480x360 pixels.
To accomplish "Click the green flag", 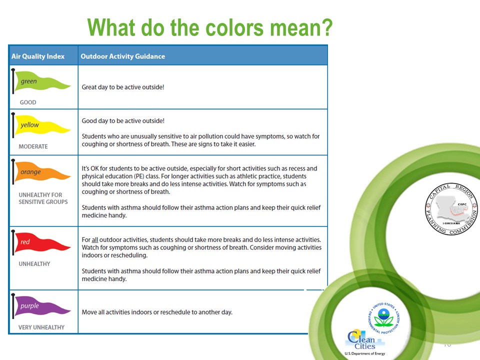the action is pos(41,81).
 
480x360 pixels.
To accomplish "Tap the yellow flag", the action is pos(41,125).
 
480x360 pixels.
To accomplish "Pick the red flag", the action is pos(41,242).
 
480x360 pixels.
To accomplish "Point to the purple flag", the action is pos(41,306).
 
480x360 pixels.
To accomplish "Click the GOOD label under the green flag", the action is pos(28,102).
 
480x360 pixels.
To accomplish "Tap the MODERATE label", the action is pos(33,146).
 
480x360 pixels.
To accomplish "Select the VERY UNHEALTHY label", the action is pos(41,327).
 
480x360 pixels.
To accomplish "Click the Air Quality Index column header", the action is pos(38,56).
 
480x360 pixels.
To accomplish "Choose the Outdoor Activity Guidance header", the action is pos(123,56).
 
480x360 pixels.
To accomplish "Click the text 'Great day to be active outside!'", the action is pos(123,87).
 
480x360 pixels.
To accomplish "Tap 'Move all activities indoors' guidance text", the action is pos(157,312).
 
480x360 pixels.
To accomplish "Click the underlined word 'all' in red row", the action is pos(94,239).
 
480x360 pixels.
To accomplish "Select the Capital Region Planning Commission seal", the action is pos(451,209).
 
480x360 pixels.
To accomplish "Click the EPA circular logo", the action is pos(384,318).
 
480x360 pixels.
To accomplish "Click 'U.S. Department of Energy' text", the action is pos(365,353).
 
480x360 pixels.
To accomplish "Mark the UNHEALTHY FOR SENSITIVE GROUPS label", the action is pos(43,198).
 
